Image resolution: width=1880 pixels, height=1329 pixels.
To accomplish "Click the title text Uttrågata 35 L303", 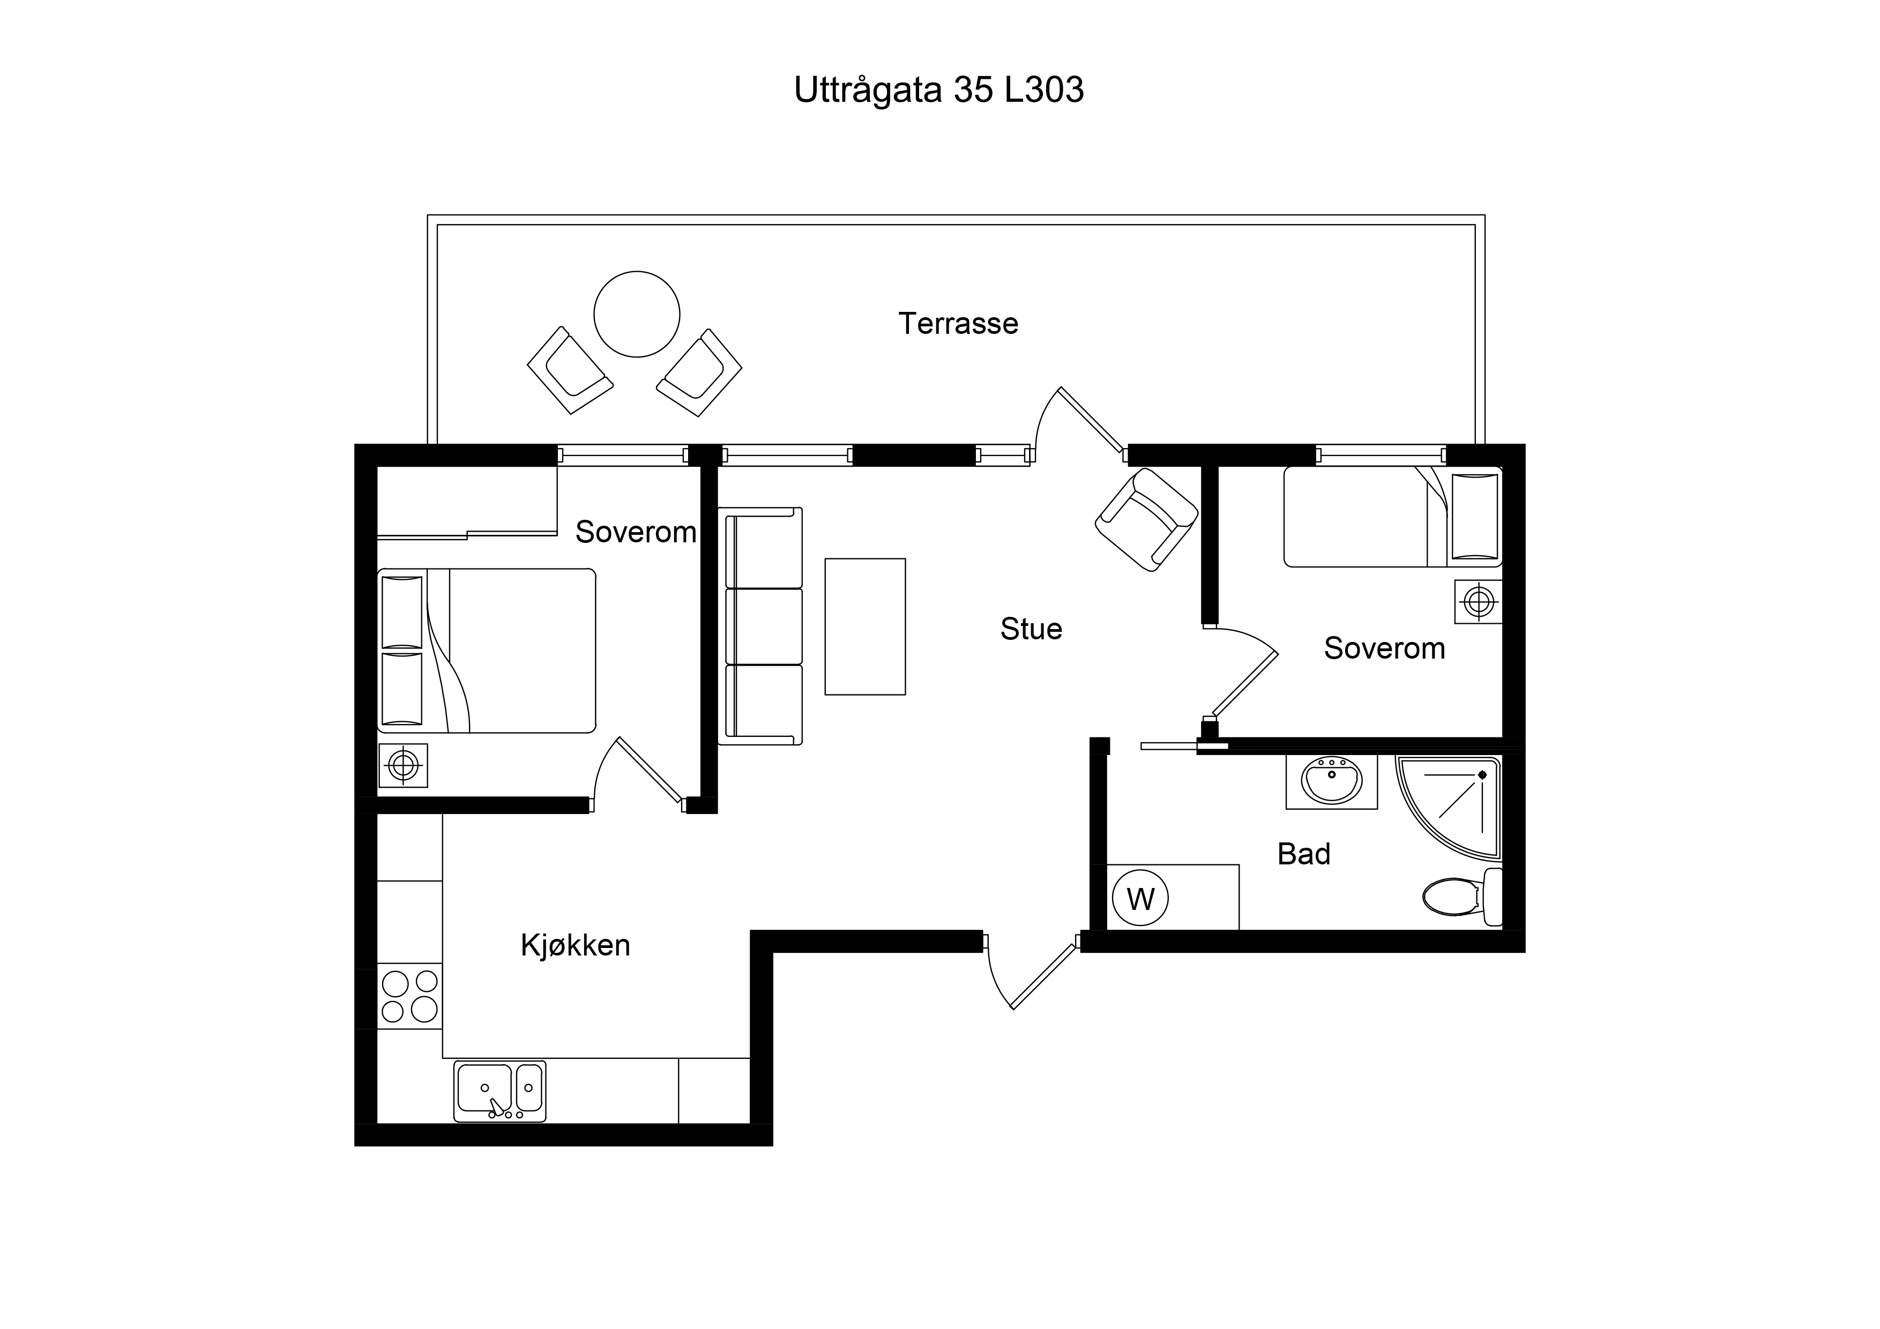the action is tap(938, 90).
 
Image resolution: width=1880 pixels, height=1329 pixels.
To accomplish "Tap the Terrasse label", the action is tap(958, 324).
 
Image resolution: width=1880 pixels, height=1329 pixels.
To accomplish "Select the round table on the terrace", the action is tap(637, 315).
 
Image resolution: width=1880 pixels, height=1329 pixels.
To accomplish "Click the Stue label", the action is tap(1031, 629).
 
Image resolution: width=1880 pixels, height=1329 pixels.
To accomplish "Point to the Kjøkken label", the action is tap(576, 946).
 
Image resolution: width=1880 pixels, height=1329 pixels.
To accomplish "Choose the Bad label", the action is tap(1303, 854).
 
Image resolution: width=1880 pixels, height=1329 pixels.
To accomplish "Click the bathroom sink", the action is tap(1331, 781).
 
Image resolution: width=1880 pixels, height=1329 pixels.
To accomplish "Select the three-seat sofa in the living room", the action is tap(760, 625).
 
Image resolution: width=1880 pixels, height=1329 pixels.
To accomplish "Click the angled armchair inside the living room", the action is tap(1146, 519).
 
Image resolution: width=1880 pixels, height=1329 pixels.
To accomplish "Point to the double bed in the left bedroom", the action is tap(487, 650).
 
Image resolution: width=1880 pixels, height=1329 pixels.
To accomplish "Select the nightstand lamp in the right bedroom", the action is tap(1479, 602).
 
